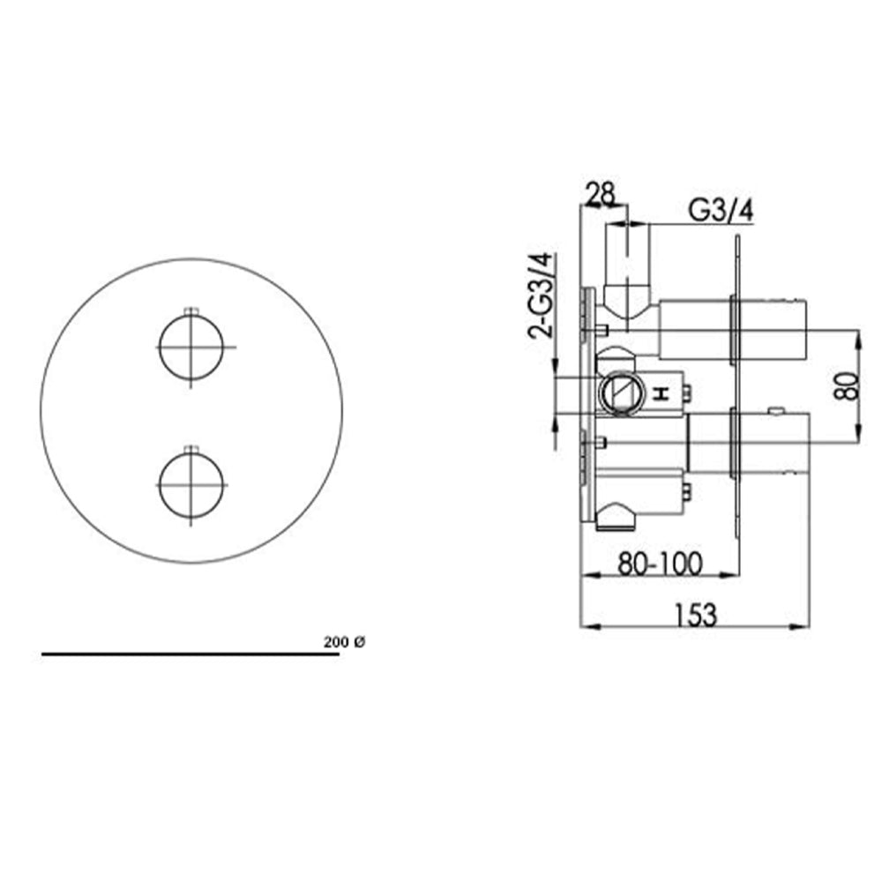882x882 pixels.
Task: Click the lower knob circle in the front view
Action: [191, 485]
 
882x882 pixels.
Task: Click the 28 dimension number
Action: [600, 195]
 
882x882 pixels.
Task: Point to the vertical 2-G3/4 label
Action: [540, 296]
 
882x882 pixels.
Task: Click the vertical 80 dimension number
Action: [846, 385]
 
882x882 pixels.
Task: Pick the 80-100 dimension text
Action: [660, 564]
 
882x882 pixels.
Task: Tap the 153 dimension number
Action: [696, 615]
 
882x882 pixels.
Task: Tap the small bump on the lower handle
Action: [775, 409]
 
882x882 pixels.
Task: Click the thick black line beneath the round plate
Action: [176, 654]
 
